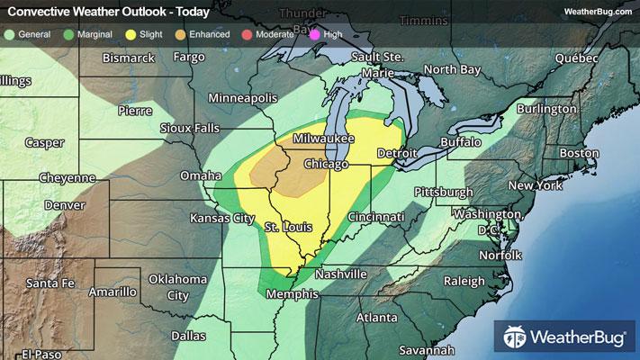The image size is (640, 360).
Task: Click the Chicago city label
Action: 326,165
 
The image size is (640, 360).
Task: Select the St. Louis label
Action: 288,227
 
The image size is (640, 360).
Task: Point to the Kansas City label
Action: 218,218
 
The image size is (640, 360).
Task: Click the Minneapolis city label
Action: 242,96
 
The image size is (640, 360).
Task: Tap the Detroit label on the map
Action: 397,153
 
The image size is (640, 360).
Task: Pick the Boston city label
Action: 579,153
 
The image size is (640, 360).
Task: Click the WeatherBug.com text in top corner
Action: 597,11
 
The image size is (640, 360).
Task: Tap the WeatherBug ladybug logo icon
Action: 517,338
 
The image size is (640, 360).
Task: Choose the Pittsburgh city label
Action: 443,192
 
